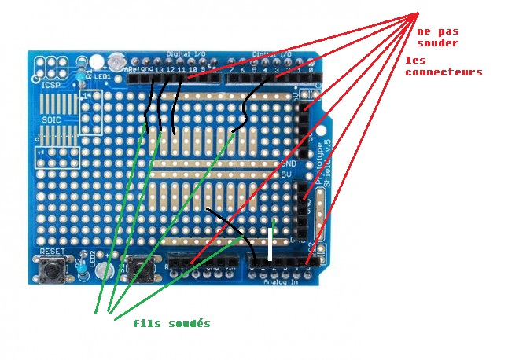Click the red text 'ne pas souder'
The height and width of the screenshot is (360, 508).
(x=437, y=36)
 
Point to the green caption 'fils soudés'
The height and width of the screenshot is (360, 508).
(x=171, y=323)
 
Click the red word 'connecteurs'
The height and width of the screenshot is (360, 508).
(x=444, y=72)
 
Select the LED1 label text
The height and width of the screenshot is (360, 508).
(x=102, y=76)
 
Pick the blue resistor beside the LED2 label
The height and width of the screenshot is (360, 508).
(x=82, y=272)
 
